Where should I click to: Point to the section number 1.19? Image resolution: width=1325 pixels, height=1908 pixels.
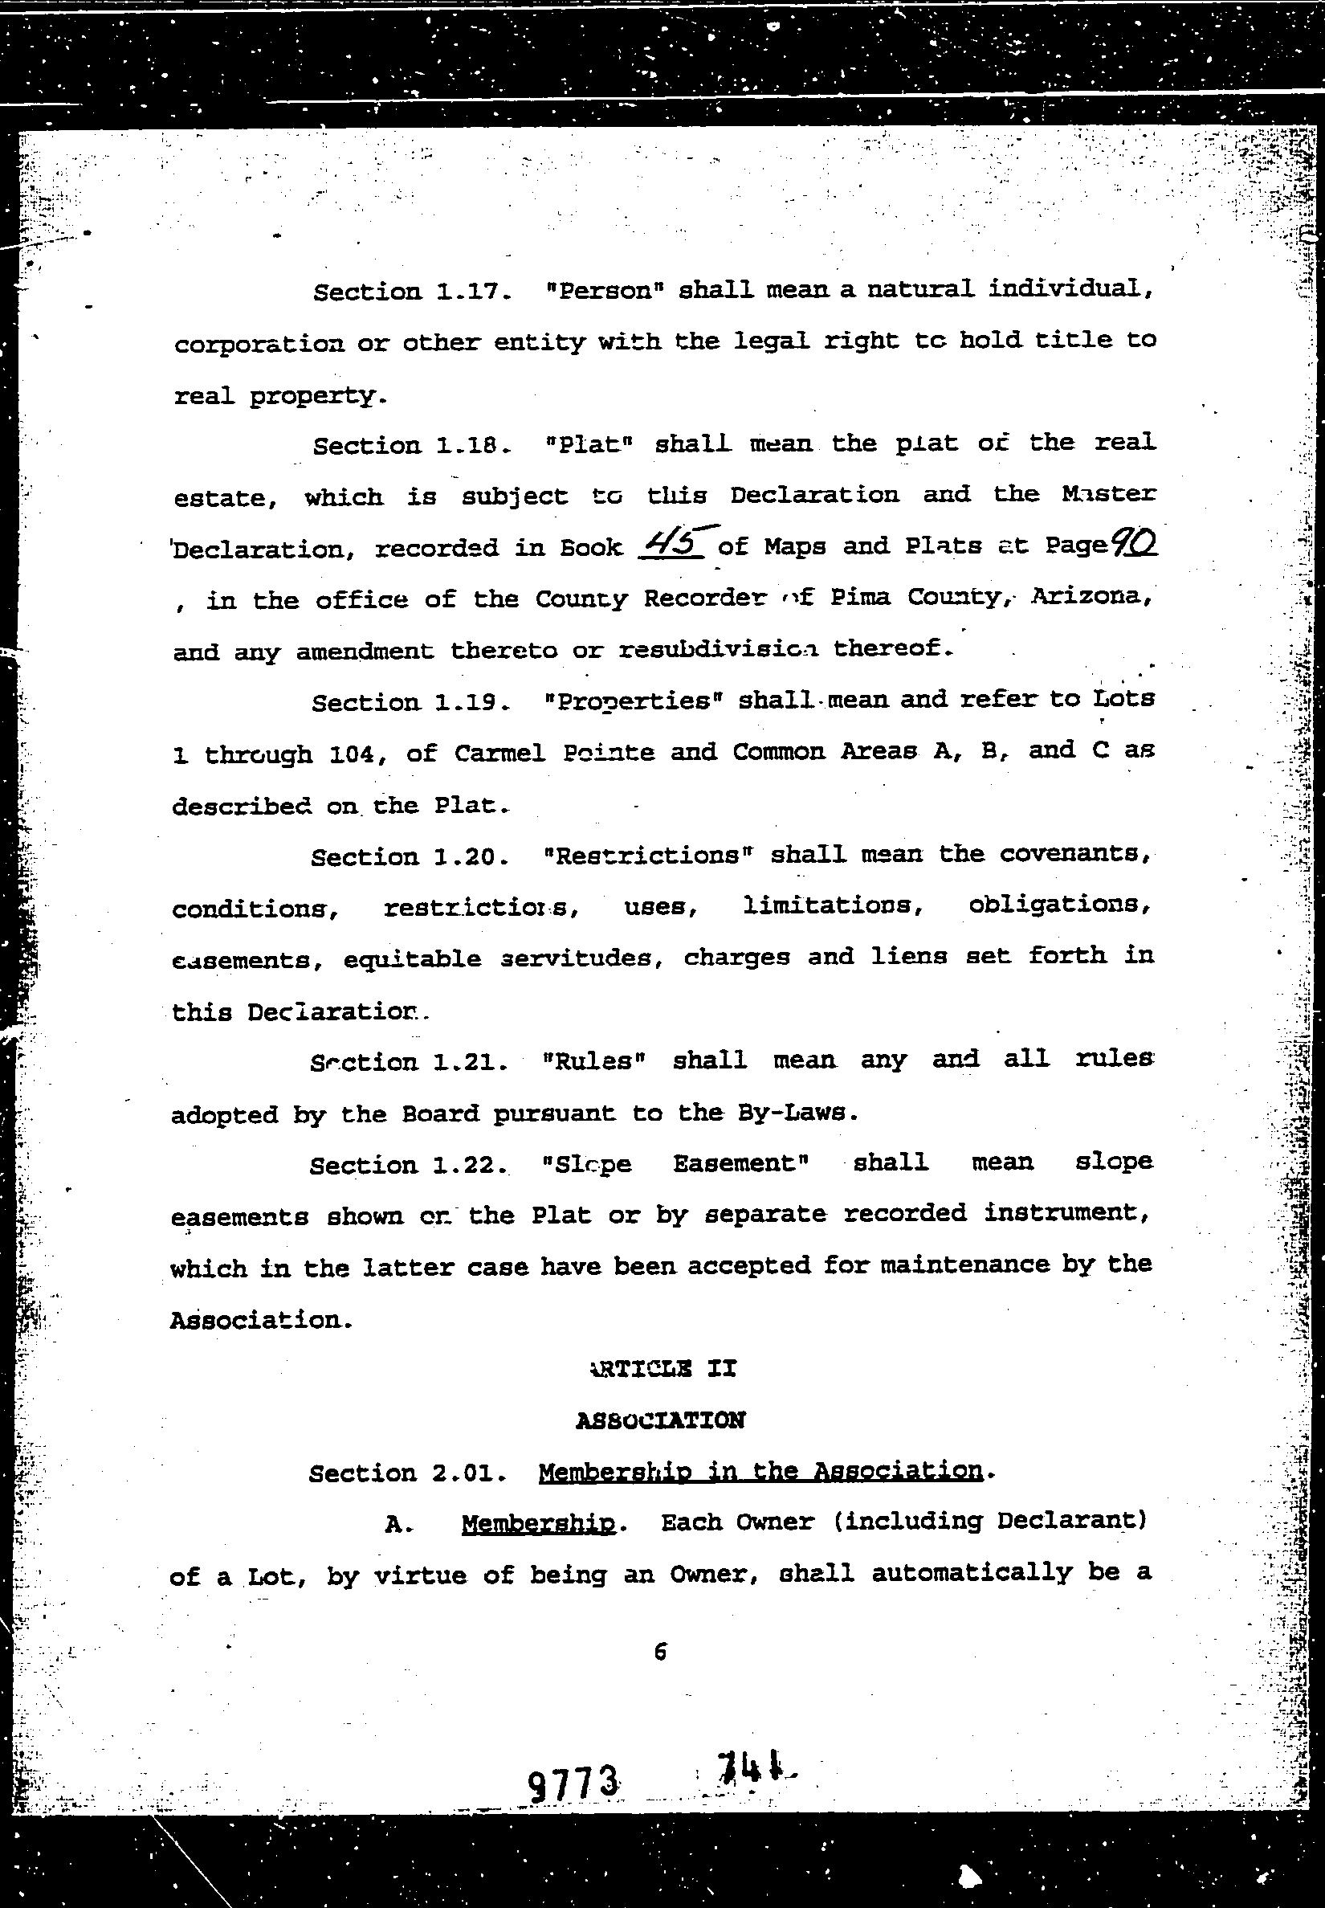471,703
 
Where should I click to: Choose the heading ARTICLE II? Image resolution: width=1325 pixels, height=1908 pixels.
662,1368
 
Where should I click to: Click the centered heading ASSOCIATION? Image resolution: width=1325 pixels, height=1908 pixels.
661,1420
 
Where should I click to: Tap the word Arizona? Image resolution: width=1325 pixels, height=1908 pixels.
1091,597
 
